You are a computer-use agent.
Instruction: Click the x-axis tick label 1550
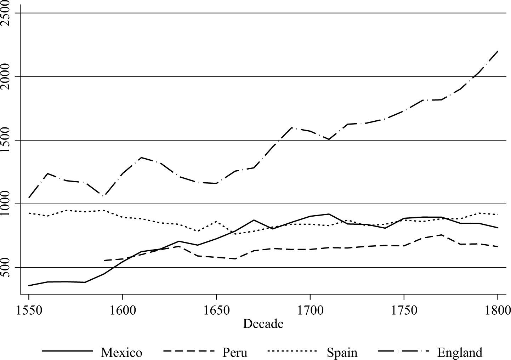(x=29, y=310)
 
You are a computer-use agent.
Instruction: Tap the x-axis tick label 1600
(x=122, y=310)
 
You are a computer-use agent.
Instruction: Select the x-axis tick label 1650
(x=216, y=310)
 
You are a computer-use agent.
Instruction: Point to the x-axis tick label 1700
(x=310, y=310)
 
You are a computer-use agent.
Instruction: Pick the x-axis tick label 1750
(x=404, y=310)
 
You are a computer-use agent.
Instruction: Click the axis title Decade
(x=263, y=324)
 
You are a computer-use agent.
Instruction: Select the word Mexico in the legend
(x=121, y=353)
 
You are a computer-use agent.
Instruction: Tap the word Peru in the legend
(x=235, y=353)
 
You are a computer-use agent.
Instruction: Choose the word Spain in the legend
(x=342, y=353)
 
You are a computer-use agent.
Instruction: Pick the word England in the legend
(x=460, y=353)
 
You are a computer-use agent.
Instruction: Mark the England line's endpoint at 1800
(x=498, y=51)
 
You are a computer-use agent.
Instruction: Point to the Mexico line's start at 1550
(x=29, y=285)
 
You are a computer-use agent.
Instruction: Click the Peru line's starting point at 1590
(x=104, y=261)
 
